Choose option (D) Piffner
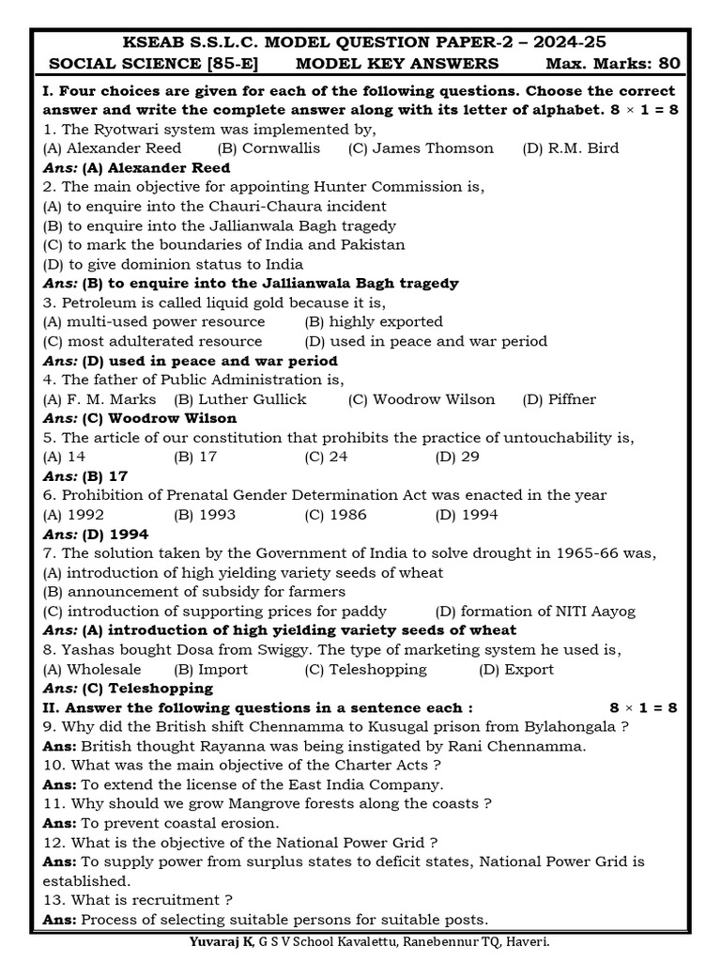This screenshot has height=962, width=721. (560, 399)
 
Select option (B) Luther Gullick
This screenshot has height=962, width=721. (240, 399)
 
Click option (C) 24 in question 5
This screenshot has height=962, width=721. (327, 458)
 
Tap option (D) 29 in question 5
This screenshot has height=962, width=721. (457, 458)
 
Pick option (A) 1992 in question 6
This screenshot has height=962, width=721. (74, 515)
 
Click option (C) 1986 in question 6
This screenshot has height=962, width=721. (335, 515)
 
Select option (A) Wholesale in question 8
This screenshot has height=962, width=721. (92, 670)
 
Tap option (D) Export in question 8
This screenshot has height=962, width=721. (516, 670)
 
